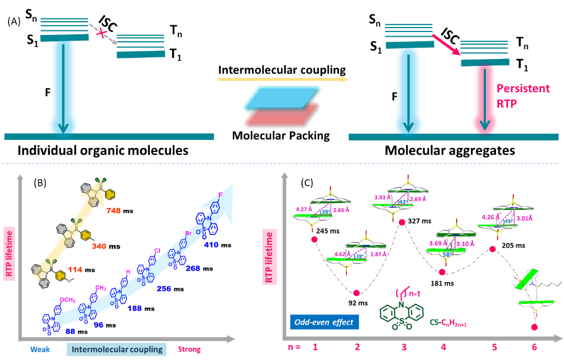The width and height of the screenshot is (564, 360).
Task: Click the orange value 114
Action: [x=75, y=269]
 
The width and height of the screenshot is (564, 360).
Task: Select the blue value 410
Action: [x=212, y=244]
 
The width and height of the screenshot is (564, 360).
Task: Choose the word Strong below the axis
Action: [x=190, y=349]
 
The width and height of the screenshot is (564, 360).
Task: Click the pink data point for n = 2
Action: [x=356, y=293]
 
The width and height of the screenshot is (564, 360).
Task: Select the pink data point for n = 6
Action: [x=535, y=327]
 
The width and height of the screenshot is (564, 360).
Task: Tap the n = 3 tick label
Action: [x=403, y=347]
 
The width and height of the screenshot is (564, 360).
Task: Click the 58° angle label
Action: [x=445, y=253]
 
